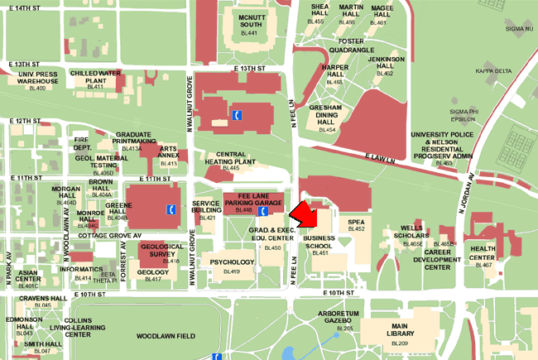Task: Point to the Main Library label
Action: (x=399, y=330)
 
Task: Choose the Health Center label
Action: (x=483, y=252)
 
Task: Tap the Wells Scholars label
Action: (x=411, y=232)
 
